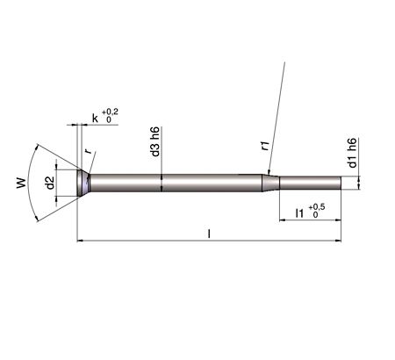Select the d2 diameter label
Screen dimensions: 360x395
pos(50,183)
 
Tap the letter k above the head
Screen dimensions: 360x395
pos(95,117)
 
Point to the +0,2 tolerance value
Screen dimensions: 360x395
pos(110,112)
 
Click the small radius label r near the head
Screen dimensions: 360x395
pos(88,152)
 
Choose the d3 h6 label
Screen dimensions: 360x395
pos(154,145)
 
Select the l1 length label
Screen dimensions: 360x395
pos(300,212)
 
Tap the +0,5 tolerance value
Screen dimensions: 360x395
pos(317,207)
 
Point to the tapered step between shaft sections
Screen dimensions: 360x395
pos(273,183)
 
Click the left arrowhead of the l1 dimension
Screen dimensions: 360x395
pos(283,220)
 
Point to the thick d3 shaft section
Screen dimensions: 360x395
pos(176,183)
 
